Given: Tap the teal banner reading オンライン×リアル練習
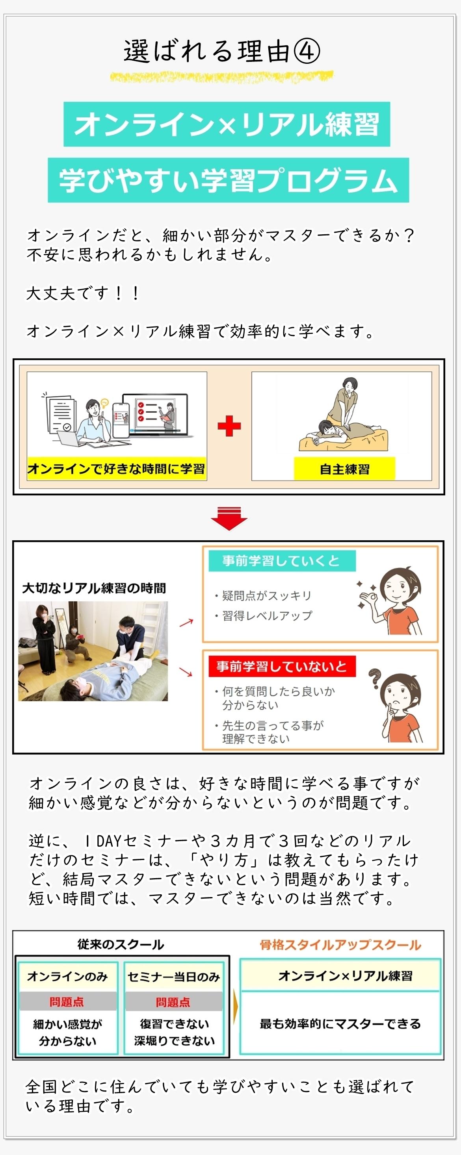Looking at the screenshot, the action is coord(227,124).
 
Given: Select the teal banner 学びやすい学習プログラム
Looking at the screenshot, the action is coord(228,180).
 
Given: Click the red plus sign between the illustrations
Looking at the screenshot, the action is coord(229,426).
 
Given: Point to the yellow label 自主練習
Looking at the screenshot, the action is coord(344,469).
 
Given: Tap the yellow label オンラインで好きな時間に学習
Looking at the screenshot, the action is coord(116,469).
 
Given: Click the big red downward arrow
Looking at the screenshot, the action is coord(229,519).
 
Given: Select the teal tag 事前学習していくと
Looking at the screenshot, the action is coord(282,561).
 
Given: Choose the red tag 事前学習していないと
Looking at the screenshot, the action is coord(282,666).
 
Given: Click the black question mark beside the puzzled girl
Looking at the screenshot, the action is coord(374,679).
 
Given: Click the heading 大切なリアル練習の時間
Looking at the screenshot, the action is coord(94,588).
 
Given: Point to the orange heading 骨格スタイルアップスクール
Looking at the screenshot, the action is coord(340,945).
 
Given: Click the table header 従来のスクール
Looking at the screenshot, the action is coord(121,944).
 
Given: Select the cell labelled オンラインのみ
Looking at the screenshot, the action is coord(67,976).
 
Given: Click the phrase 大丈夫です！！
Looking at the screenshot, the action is coord(83,293).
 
